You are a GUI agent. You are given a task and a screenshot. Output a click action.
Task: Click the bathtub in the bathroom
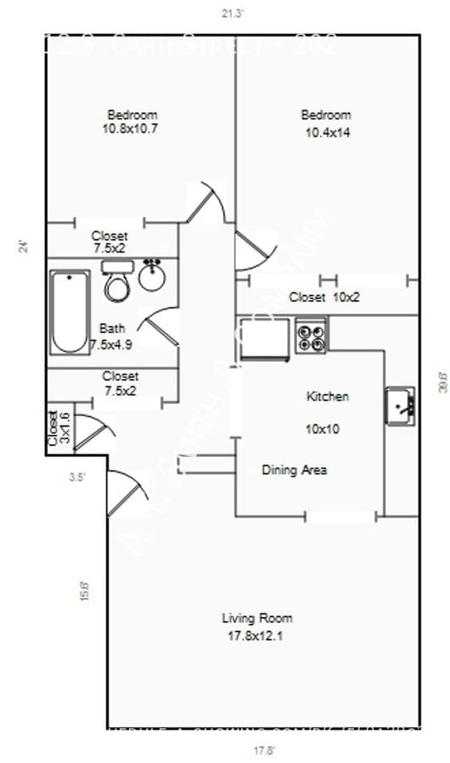point(70,312)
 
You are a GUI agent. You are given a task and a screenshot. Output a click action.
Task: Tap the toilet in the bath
point(117,281)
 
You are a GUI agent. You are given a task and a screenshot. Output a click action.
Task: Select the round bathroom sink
point(153,276)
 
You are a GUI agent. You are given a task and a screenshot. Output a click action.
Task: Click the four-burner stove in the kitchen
point(312,336)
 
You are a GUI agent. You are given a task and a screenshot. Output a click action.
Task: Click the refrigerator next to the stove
point(265,338)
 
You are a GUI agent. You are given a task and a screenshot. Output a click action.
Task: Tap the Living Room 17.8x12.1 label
point(257,627)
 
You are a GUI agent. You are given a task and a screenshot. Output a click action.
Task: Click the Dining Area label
point(294,470)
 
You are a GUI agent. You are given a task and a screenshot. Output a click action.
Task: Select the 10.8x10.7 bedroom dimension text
point(132,129)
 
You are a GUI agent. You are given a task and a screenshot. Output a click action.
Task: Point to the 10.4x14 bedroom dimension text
point(327,132)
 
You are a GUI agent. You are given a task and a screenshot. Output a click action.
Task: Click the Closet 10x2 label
point(324,298)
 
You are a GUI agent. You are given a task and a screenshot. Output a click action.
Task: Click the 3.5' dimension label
point(77,477)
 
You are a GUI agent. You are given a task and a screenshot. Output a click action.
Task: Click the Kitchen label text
point(327,396)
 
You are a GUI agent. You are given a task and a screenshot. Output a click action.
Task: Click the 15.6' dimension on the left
point(83,590)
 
